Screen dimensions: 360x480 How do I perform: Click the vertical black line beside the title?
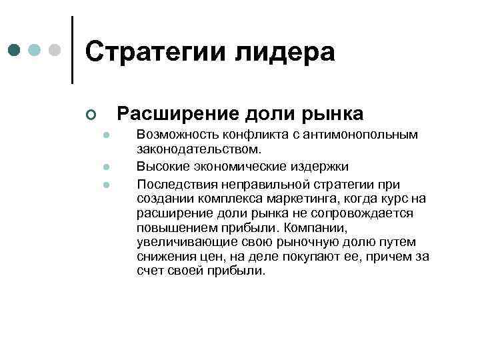tap(72, 50)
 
